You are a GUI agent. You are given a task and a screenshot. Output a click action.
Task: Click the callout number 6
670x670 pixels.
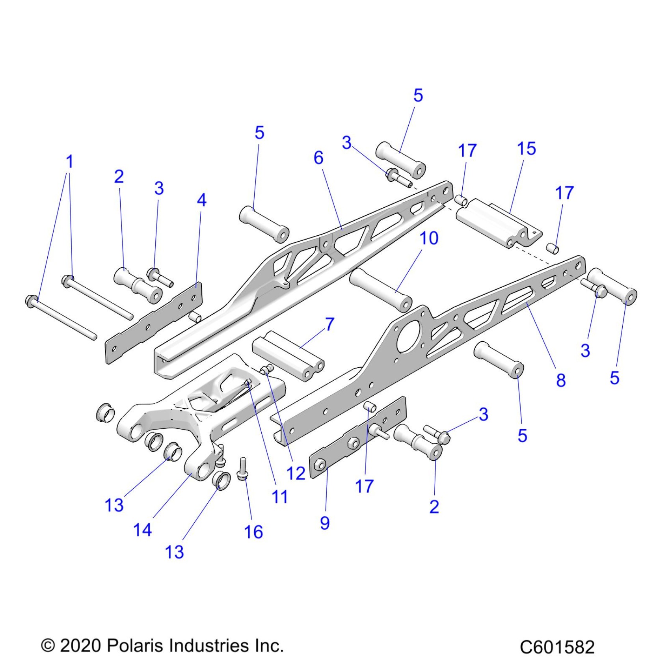[x=318, y=158]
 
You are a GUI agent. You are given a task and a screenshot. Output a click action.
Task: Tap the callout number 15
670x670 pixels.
[x=526, y=149]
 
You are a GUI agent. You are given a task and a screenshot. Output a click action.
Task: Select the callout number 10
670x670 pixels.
[x=429, y=238]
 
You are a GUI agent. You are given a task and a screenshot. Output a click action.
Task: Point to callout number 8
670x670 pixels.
[x=560, y=380]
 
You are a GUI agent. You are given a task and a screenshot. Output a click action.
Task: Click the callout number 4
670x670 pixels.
[x=201, y=200]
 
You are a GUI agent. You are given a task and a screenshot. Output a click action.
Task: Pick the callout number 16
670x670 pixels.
[x=253, y=532]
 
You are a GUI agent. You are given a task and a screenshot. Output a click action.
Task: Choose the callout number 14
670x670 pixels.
[x=142, y=530]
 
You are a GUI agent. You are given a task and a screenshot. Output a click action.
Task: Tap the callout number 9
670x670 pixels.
[x=324, y=523]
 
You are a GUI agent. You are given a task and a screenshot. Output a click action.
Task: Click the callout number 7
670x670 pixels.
[x=330, y=324]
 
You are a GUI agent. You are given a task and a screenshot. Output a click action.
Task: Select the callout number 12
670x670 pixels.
[x=296, y=473]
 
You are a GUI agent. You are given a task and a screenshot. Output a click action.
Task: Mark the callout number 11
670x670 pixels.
[x=280, y=497]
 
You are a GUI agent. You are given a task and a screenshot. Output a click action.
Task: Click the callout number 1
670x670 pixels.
[x=69, y=162]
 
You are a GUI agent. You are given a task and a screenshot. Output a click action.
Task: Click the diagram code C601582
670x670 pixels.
[x=557, y=647]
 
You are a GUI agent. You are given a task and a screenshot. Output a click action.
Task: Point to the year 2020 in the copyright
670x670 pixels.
[x=80, y=645]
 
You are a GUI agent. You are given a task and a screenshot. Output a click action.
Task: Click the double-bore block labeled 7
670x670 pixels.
[x=288, y=355]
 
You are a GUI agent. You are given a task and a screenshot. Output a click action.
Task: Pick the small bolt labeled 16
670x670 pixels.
[x=242, y=469]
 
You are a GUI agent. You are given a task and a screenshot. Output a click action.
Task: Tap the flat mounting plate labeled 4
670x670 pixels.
[x=154, y=323]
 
